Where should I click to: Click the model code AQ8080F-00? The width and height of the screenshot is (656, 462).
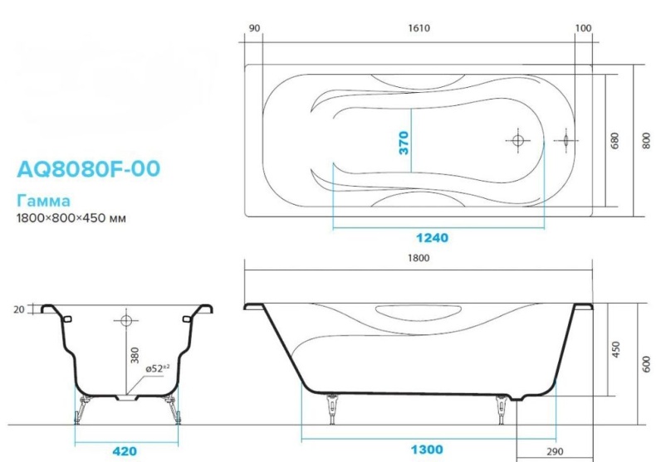(88, 168)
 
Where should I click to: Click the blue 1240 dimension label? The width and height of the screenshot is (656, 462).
(433, 237)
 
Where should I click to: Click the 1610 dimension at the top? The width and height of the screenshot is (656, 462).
(419, 28)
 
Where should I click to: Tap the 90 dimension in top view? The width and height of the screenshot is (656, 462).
(255, 28)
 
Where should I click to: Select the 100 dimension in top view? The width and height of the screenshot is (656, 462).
(583, 28)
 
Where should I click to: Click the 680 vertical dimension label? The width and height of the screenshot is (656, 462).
(615, 141)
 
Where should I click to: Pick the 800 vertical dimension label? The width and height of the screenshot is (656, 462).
(646, 141)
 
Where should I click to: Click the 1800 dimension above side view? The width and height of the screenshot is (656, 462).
(419, 258)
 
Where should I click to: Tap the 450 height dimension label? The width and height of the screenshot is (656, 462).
(615, 350)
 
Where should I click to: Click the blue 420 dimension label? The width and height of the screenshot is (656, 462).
(125, 451)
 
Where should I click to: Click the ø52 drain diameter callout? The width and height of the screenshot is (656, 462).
(159, 367)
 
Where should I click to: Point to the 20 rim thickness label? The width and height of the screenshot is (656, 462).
(18, 309)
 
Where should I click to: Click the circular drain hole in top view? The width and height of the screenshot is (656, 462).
(517, 140)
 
